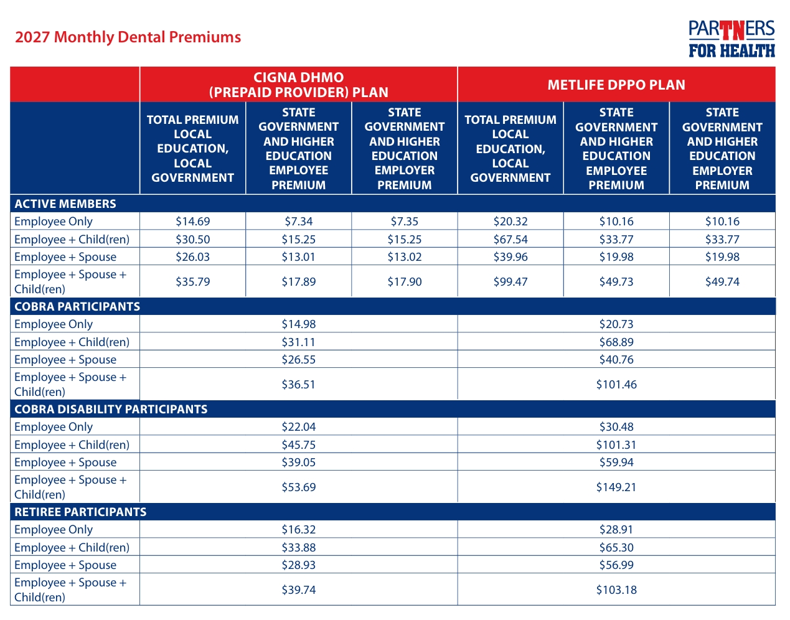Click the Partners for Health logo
(732, 39)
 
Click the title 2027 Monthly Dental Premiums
(128, 37)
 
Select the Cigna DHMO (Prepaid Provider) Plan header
(298, 85)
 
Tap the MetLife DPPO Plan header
(616, 85)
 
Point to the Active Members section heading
(65, 204)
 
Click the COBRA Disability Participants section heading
(111, 409)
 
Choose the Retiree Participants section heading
(80, 512)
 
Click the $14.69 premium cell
(193, 221)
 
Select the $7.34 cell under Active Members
(298, 221)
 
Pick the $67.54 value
(510, 239)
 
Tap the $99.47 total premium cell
(510, 281)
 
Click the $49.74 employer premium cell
(722, 281)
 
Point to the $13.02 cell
(404, 256)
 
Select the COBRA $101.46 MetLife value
(616, 384)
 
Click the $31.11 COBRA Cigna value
(298, 342)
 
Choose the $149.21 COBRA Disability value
(616, 487)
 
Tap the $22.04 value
(298, 426)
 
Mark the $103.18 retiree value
(616, 589)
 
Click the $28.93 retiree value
(298, 565)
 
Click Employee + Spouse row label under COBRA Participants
(65, 359)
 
